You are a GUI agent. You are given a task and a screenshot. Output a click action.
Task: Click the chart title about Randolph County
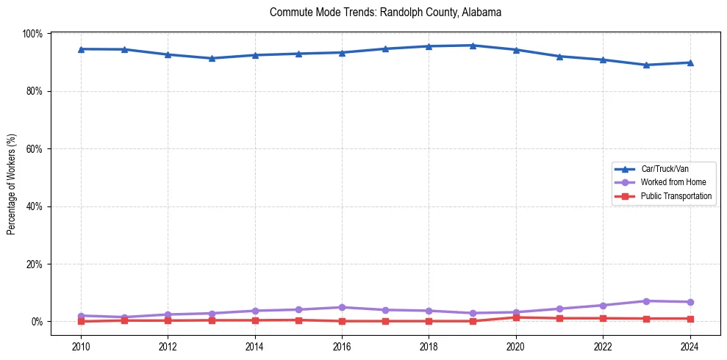pyautogui.click(x=385, y=12)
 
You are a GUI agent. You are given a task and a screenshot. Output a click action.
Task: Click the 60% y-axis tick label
pyautogui.click(x=35, y=148)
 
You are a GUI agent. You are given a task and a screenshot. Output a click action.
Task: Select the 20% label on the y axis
pyautogui.click(x=35, y=264)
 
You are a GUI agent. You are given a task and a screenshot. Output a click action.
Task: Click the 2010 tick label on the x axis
pyautogui.click(x=81, y=347)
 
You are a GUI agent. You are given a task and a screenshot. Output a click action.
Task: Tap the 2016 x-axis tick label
pyautogui.click(x=342, y=347)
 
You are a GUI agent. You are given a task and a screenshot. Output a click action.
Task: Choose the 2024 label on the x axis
pyautogui.click(x=690, y=347)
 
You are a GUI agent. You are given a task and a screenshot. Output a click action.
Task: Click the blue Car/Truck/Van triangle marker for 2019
pyautogui.click(x=473, y=46)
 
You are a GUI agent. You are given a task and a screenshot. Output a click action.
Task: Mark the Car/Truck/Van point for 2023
pyautogui.click(x=647, y=65)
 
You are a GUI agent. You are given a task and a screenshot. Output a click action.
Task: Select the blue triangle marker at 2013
pyautogui.click(x=212, y=58)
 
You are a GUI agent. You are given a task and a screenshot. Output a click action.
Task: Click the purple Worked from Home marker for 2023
pyautogui.click(x=647, y=301)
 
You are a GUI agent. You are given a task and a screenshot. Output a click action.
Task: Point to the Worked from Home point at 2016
pyautogui.click(x=342, y=307)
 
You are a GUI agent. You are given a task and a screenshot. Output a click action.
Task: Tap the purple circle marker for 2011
pyautogui.click(x=124, y=317)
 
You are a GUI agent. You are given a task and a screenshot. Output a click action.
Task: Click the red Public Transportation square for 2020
pyautogui.click(x=516, y=317)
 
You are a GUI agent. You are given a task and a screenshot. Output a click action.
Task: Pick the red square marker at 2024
pyautogui.click(x=690, y=319)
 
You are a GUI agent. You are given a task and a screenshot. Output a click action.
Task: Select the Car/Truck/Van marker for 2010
pyautogui.click(x=81, y=49)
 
